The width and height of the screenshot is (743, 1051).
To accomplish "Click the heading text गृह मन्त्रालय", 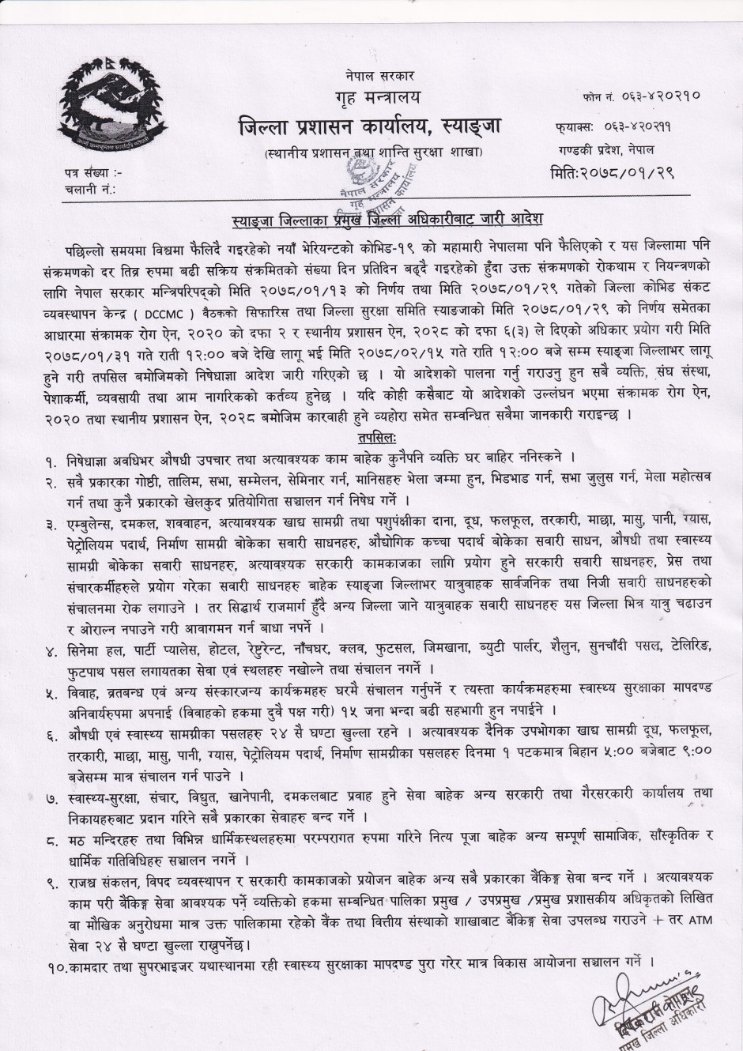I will pos(373,99).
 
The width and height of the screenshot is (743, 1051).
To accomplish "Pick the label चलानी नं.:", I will pos(91,189).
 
